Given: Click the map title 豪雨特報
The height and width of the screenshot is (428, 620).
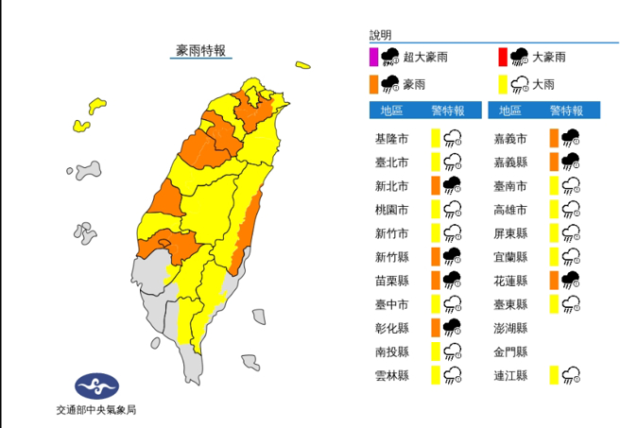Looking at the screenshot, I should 201,51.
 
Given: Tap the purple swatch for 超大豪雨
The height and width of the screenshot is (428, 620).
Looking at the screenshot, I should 373,57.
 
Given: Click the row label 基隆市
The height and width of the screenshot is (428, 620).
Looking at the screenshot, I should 391,137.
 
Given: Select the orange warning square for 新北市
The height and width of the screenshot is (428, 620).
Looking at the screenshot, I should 435,184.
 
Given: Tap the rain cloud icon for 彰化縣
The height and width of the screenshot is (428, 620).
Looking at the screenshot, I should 453,327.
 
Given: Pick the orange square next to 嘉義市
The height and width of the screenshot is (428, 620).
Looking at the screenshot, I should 554,137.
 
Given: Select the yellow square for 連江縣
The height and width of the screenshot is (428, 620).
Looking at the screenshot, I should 554,375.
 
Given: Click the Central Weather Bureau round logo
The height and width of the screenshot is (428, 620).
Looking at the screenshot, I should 97,385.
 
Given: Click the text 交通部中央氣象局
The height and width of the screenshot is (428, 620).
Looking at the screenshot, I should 97,412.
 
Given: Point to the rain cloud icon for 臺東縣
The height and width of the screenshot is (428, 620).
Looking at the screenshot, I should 572,303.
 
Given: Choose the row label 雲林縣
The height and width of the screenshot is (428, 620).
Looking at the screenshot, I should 391,375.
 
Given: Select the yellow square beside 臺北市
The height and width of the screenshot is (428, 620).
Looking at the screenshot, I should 435,161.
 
